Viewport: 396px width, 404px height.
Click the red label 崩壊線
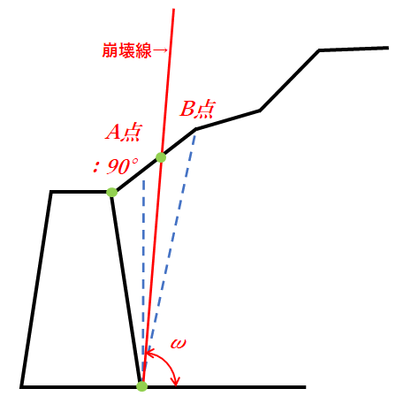click(x=126, y=50)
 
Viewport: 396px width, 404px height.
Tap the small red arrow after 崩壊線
click(x=160, y=50)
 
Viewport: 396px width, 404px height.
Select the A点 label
click(x=124, y=133)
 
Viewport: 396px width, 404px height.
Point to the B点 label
click(x=197, y=109)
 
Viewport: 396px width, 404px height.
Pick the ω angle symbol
click(x=179, y=343)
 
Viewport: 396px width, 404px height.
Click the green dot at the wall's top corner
click(x=112, y=192)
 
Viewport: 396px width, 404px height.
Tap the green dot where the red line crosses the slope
click(x=161, y=157)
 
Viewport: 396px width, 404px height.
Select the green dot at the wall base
click(x=142, y=386)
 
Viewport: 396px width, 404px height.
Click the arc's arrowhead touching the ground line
click(x=176, y=383)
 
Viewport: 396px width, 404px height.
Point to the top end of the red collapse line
click(x=174, y=10)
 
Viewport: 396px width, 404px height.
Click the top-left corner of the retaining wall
click(x=51, y=192)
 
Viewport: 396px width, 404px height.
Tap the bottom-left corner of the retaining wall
click(x=22, y=386)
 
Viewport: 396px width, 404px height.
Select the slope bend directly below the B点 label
click(x=195, y=129)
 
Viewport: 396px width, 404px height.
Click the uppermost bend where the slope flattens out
click(x=319, y=50)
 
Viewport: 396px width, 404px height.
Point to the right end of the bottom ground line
click(x=305, y=386)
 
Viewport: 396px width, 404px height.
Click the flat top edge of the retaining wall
click(x=81, y=192)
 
